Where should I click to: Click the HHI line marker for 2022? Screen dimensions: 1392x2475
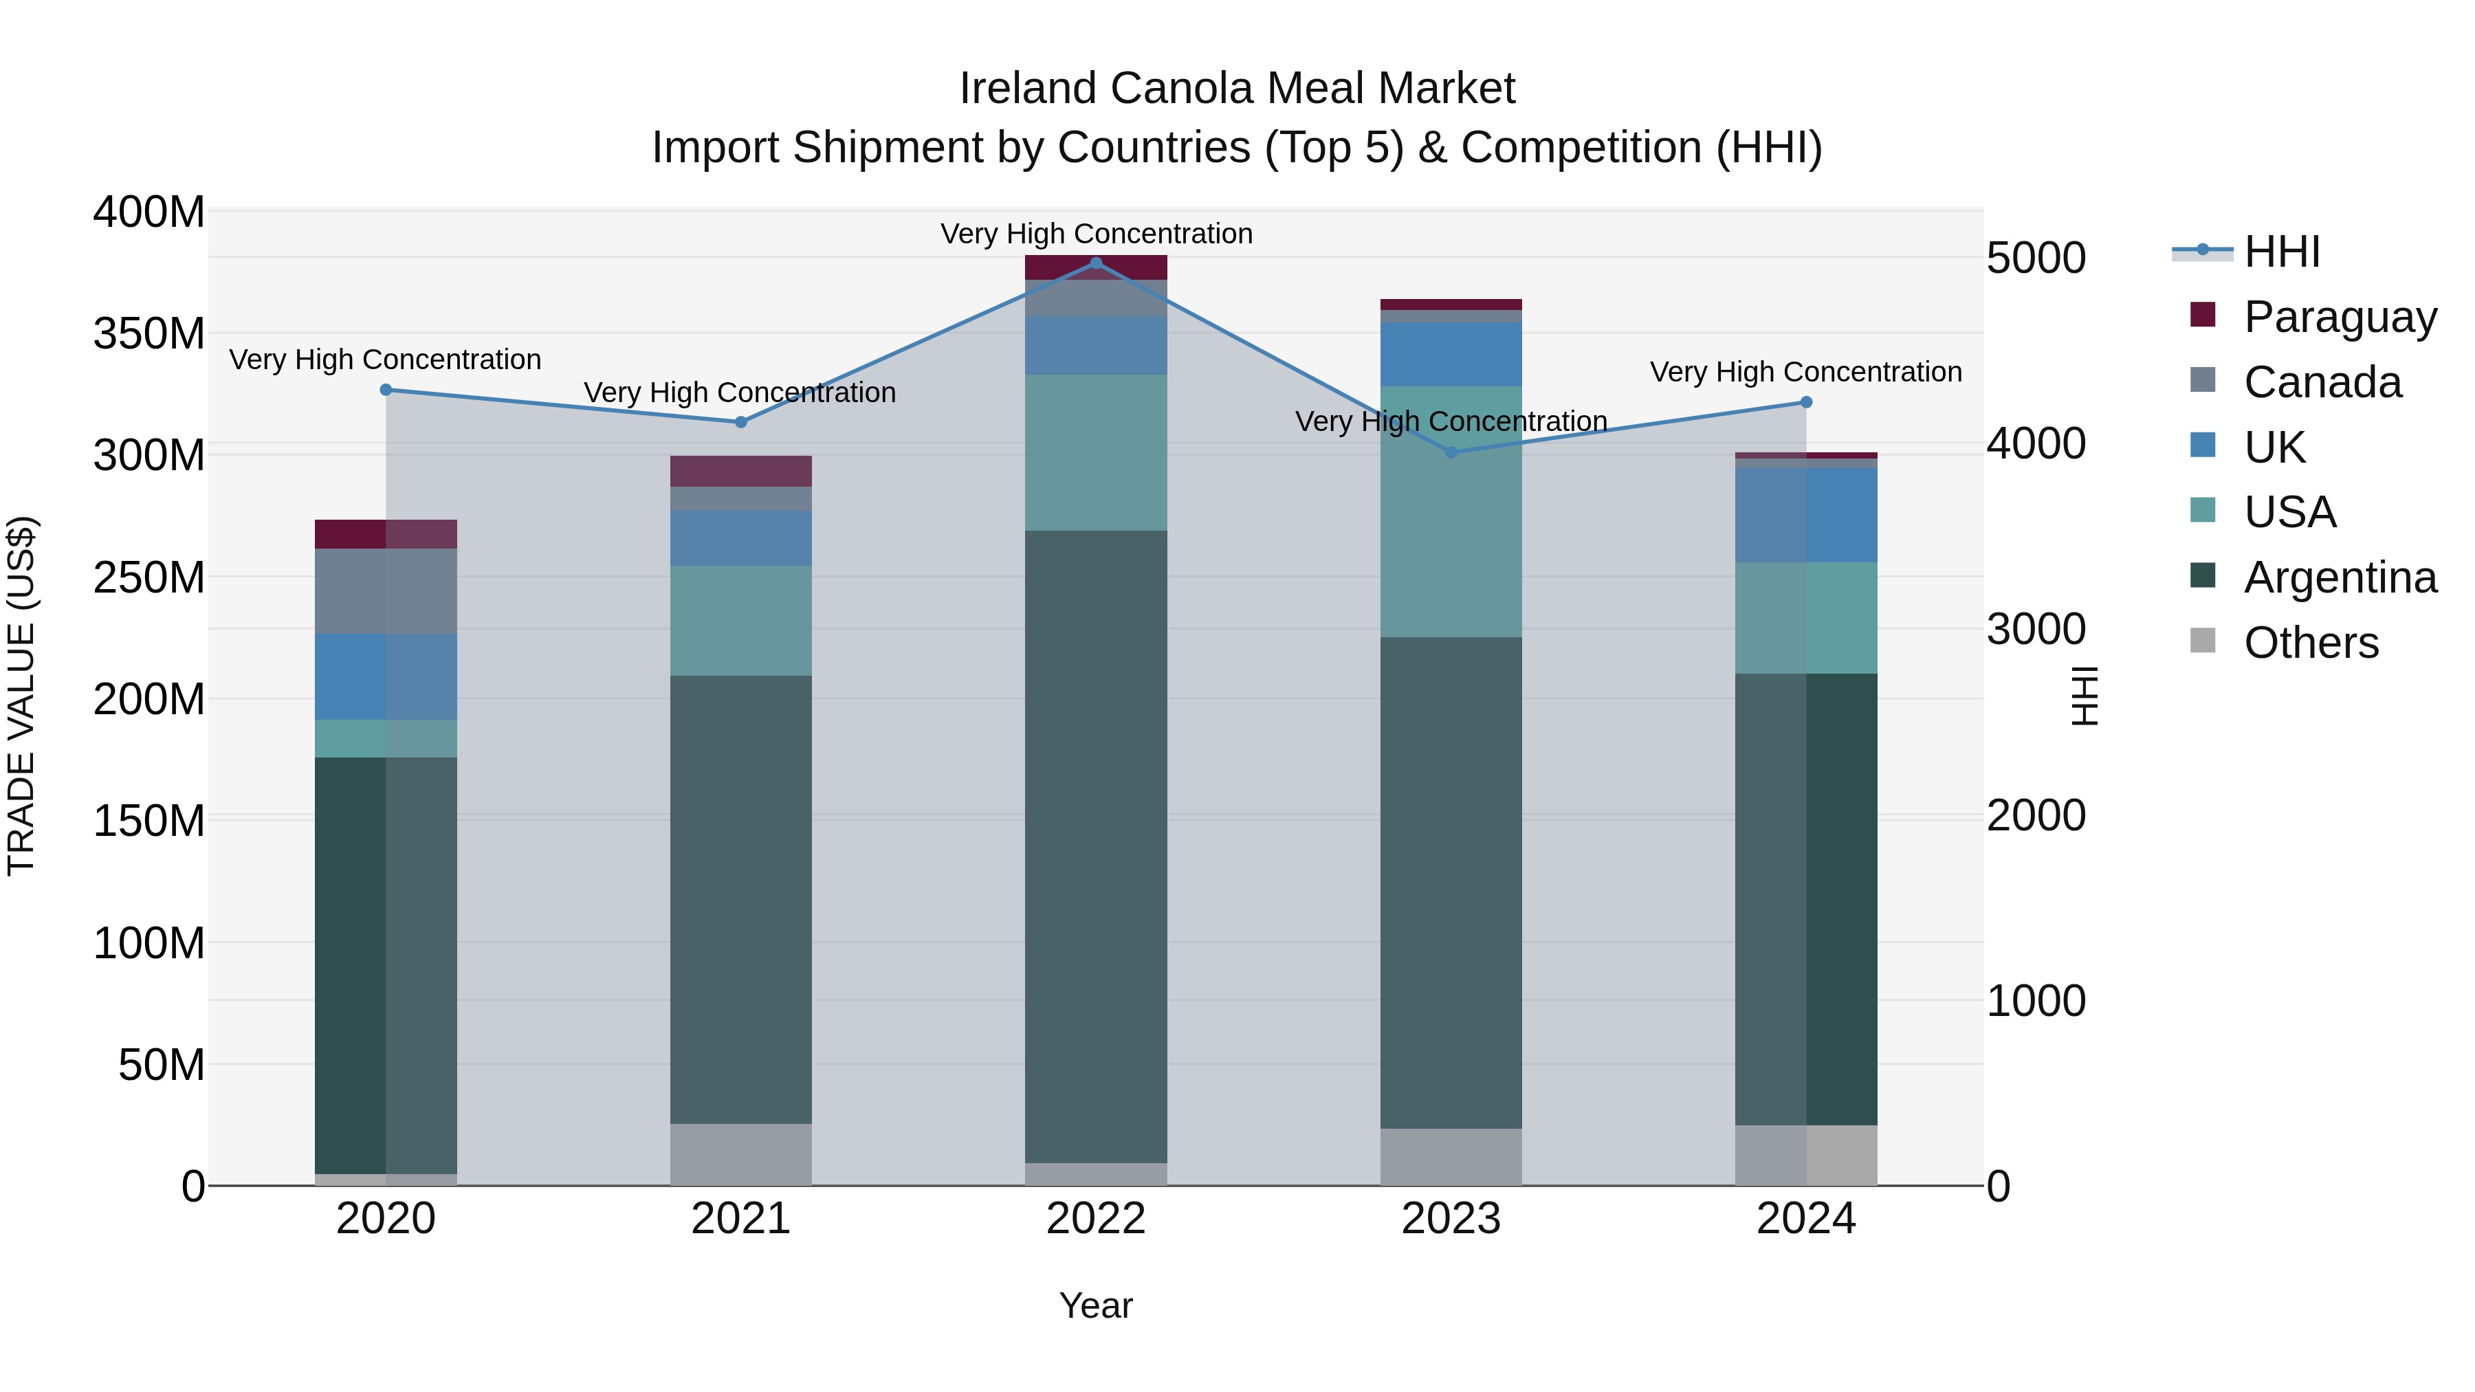click(1097, 263)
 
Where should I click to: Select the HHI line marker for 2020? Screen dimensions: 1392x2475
click(386, 390)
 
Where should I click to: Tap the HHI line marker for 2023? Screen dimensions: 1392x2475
click(1452, 452)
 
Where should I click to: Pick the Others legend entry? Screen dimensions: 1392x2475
click(2310, 643)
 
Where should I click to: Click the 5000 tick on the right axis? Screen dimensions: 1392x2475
click(2036, 258)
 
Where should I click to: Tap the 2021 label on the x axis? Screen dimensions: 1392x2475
click(740, 1219)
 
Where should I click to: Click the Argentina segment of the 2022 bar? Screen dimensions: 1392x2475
click(1097, 846)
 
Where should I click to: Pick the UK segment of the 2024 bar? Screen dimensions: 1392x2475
click(1806, 515)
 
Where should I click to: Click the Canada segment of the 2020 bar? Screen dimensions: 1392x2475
click(386, 590)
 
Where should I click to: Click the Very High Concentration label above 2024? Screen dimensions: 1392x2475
click(1806, 372)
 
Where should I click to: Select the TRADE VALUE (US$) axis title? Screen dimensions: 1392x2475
click(22, 696)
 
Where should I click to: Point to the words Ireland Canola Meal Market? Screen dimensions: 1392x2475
click(1237, 89)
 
